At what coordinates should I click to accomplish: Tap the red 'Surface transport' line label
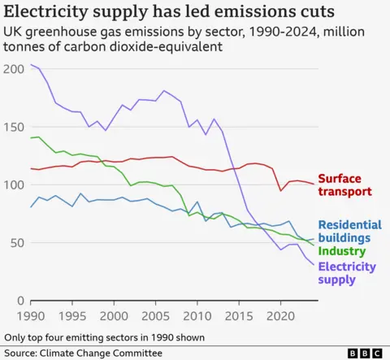click(344, 185)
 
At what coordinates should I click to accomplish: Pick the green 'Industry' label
click(341, 251)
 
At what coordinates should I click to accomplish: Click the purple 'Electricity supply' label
click(347, 273)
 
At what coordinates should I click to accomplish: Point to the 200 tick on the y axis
click(14, 69)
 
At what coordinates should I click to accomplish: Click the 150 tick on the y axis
click(14, 127)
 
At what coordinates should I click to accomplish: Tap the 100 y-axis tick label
click(14, 185)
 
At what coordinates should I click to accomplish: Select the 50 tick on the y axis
click(17, 243)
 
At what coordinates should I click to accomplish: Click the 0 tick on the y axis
click(21, 301)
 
